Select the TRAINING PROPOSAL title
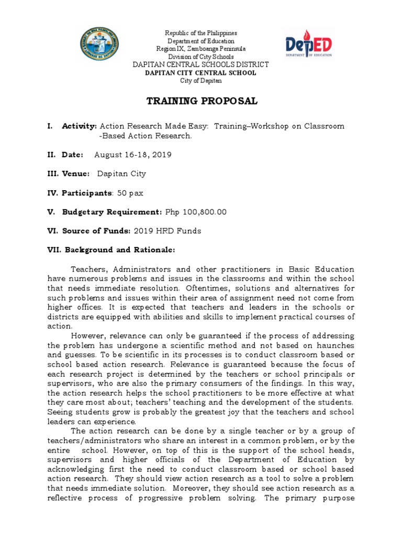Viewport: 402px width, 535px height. (201, 101)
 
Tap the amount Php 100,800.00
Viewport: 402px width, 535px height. (196, 212)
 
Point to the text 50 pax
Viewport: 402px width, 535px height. (130, 193)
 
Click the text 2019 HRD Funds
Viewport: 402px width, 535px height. (167, 230)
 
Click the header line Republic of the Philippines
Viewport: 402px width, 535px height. (201, 33)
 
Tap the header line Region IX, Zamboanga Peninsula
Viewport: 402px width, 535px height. (201, 49)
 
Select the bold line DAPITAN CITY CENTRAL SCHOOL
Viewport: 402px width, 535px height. (201, 73)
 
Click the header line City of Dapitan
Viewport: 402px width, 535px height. (201, 80)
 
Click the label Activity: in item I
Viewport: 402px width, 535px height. (80, 126)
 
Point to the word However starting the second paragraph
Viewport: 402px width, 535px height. (88, 335)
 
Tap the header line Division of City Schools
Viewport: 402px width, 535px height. (201, 56)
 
